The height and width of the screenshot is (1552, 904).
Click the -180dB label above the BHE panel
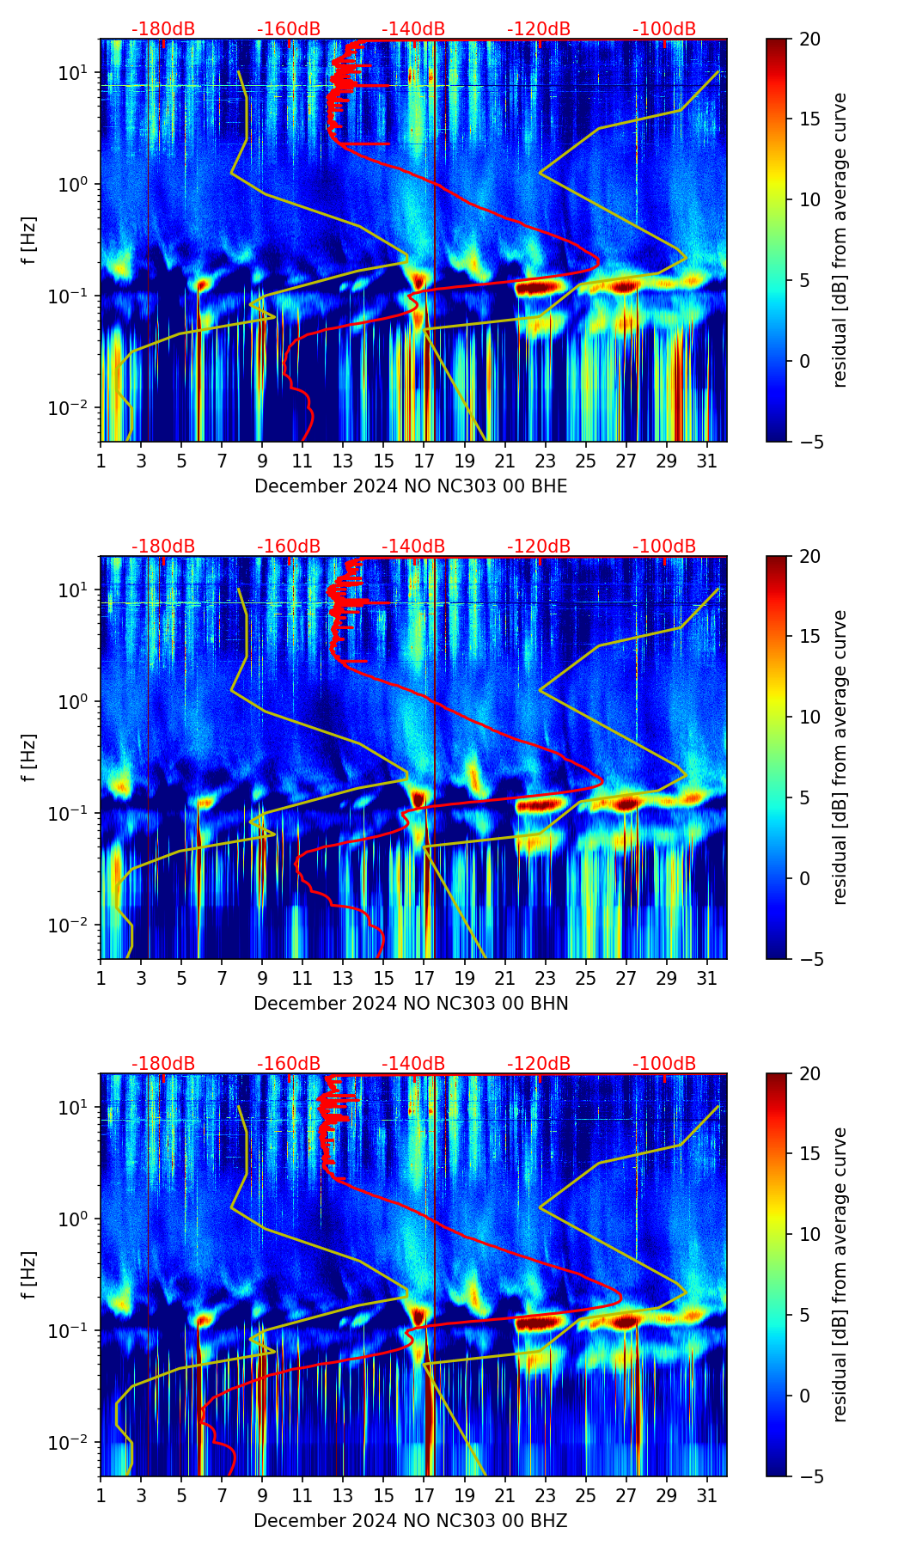(x=163, y=29)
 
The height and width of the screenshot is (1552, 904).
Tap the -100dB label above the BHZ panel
(x=664, y=1064)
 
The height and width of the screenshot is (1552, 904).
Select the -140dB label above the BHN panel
(x=413, y=547)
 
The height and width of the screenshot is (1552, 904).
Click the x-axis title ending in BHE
(x=411, y=486)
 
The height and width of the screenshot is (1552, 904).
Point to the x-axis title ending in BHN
(x=411, y=1004)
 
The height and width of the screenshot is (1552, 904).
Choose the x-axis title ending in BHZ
(x=411, y=1521)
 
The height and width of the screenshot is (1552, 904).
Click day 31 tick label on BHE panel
(x=707, y=461)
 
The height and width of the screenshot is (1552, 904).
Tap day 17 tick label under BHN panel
(x=424, y=978)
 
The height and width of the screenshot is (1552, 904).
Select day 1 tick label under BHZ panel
(x=101, y=1495)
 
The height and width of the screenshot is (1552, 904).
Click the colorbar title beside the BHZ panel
(x=840, y=1274)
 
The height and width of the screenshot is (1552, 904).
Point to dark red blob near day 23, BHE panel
(x=540, y=288)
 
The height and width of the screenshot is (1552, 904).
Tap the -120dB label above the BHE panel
(x=539, y=29)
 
